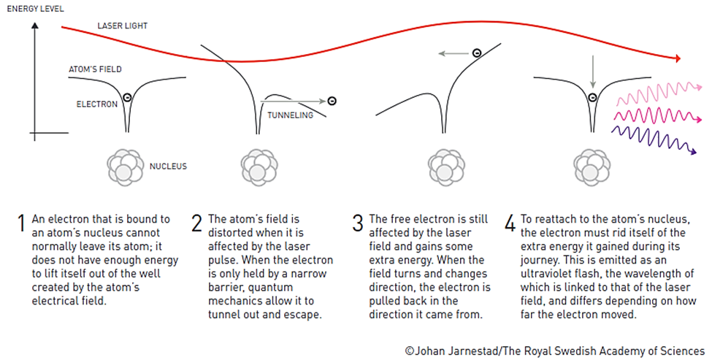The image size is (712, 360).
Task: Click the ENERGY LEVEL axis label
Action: pyautogui.click(x=36, y=9)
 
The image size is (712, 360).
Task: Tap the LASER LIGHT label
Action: pyautogui.click(x=123, y=26)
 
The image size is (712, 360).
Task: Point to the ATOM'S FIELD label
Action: pyautogui.click(x=96, y=69)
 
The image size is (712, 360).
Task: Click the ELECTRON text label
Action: pyautogui.click(x=97, y=104)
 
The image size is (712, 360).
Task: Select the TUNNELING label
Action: pyautogui.click(x=290, y=115)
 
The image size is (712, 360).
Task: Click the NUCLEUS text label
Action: pyautogui.click(x=168, y=166)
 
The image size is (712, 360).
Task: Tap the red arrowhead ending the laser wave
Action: pyautogui.click(x=678, y=58)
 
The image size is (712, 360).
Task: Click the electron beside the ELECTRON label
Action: pyautogui.click(x=127, y=96)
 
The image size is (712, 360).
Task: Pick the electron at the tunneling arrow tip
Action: pyautogui.click(x=332, y=101)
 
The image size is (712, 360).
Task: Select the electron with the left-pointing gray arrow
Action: pyautogui.click(x=476, y=53)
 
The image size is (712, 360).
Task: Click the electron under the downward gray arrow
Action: pyautogui.click(x=592, y=97)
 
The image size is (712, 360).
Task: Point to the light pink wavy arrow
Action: pyautogui.click(x=659, y=92)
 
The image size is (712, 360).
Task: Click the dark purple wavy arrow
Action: pyautogui.click(x=654, y=139)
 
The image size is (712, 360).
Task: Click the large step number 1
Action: pyautogui.click(x=21, y=223)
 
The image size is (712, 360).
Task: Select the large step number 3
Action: pyautogui.click(x=358, y=223)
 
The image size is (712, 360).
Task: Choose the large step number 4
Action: pyautogui.click(x=510, y=223)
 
